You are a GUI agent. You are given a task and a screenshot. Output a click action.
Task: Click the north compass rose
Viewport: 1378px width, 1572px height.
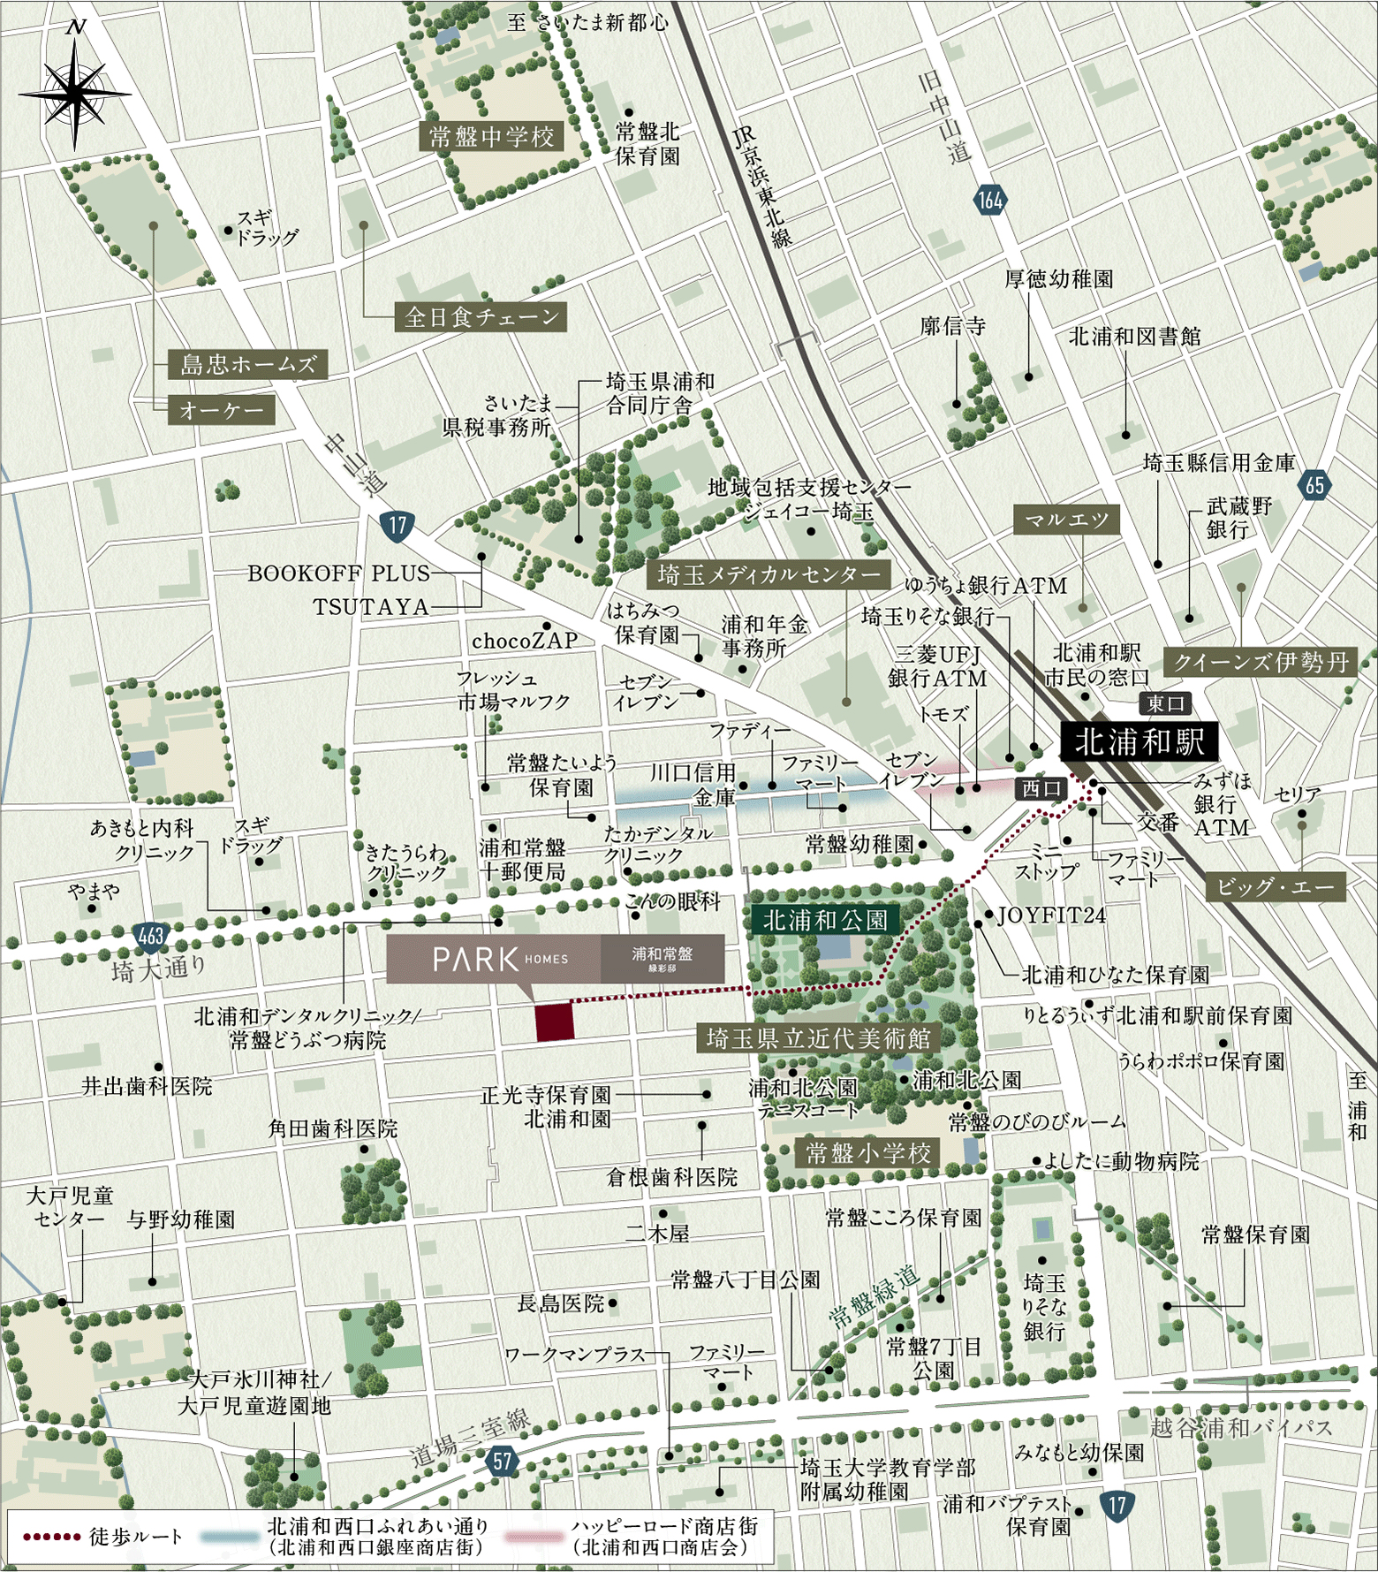click(x=76, y=92)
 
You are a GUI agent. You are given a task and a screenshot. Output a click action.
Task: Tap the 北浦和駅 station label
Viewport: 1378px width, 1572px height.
click(x=1139, y=742)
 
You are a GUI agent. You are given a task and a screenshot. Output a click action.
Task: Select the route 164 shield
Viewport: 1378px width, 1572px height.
click(x=990, y=200)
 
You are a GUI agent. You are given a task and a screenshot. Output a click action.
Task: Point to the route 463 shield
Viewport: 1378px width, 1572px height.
click(x=151, y=934)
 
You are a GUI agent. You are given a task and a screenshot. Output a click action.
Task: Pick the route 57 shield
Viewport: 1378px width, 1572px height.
click(x=503, y=1460)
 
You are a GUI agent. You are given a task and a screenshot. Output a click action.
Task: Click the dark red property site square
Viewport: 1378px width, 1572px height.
click(x=555, y=1021)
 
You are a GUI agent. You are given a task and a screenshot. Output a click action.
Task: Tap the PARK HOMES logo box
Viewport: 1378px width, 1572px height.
click(x=555, y=959)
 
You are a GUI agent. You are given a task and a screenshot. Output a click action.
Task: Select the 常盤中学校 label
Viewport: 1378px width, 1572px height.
click(x=491, y=137)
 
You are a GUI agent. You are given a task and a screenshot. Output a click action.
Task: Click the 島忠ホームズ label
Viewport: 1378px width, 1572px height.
click(x=248, y=364)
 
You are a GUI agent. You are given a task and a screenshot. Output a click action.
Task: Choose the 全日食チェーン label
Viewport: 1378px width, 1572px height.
click(x=481, y=316)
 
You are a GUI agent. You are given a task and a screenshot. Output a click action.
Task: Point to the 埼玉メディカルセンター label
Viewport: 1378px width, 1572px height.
click(x=768, y=575)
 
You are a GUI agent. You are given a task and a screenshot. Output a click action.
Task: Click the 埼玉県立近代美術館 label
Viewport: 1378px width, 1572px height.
click(x=818, y=1037)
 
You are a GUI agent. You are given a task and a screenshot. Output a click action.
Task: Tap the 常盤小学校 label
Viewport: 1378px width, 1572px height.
click(x=867, y=1152)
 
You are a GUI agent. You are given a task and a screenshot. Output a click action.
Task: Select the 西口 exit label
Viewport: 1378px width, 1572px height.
click(x=1041, y=788)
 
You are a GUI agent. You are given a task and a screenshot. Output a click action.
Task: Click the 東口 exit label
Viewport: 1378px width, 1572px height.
click(x=1165, y=703)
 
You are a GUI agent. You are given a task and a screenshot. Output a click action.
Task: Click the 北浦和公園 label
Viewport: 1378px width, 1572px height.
click(x=825, y=920)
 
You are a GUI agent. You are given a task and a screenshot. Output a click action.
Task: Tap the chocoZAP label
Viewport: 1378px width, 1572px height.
click(x=525, y=641)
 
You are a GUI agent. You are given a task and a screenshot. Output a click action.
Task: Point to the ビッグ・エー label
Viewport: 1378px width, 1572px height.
click(x=1276, y=888)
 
